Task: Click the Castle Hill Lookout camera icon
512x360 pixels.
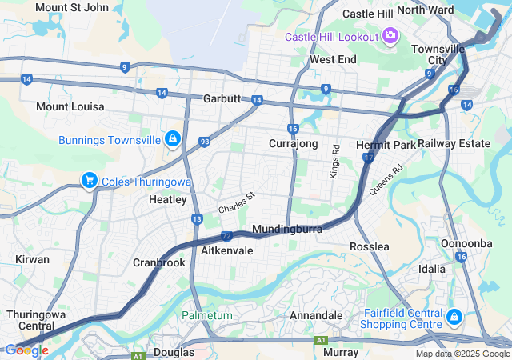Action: click(x=390, y=35)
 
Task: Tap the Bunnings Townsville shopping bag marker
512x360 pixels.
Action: click(x=172, y=139)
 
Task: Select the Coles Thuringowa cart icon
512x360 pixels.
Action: click(x=90, y=181)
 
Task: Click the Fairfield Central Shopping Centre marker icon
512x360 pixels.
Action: click(x=454, y=318)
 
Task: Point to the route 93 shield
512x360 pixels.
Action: click(x=205, y=142)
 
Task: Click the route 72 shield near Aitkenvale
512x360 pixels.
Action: click(x=226, y=236)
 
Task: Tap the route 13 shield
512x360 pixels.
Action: click(x=197, y=219)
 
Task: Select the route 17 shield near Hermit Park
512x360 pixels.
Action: click(x=368, y=158)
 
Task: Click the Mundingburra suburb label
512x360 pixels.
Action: click(x=287, y=230)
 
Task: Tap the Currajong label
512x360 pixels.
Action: click(x=294, y=144)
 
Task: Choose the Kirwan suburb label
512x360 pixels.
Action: click(x=32, y=259)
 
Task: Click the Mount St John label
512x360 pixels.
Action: click(x=72, y=8)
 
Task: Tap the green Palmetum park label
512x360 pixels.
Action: click(x=206, y=315)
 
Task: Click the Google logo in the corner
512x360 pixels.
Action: click(x=26, y=350)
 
